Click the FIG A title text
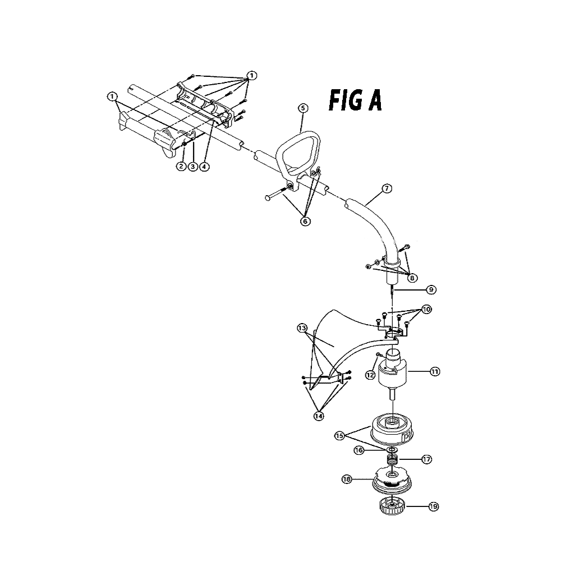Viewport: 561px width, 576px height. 355,100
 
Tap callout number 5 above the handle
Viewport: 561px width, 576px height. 303,108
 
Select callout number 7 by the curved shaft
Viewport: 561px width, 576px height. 387,189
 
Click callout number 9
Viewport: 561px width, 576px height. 431,290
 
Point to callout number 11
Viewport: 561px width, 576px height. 435,372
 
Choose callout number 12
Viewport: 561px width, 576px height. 370,375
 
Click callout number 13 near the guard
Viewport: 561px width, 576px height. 302,328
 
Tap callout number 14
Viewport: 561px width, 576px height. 319,416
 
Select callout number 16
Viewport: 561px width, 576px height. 359,450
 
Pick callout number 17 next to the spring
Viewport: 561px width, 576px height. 426,459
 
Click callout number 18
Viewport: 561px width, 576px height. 347,480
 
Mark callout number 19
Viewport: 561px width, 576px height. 434,506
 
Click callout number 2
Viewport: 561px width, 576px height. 181,167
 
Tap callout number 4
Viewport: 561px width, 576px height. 204,167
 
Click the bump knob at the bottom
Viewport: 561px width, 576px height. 393,506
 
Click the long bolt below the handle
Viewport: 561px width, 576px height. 276,194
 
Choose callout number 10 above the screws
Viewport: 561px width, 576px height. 426,309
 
